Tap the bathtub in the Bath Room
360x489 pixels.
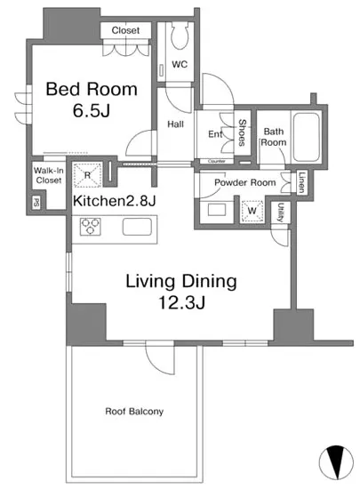click(307, 137)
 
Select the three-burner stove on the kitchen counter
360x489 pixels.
click(91, 226)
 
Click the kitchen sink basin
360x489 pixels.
click(137, 227)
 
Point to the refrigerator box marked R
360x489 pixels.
click(87, 175)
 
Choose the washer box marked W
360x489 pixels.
click(252, 211)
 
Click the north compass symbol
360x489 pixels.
click(336, 462)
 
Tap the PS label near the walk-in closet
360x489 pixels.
click(36, 204)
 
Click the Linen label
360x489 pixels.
click(301, 182)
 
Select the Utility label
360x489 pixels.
click(280, 212)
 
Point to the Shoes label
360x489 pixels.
click(242, 132)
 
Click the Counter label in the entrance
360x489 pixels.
click(216, 161)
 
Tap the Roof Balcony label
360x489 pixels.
click(134, 412)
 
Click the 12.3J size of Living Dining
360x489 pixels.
click(182, 302)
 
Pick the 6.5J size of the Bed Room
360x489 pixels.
click(92, 110)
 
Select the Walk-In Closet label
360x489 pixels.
click(49, 175)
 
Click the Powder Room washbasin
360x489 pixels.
click(217, 210)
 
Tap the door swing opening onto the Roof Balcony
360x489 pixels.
click(160, 357)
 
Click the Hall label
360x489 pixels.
click(175, 124)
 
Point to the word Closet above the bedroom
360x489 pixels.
click(125, 30)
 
